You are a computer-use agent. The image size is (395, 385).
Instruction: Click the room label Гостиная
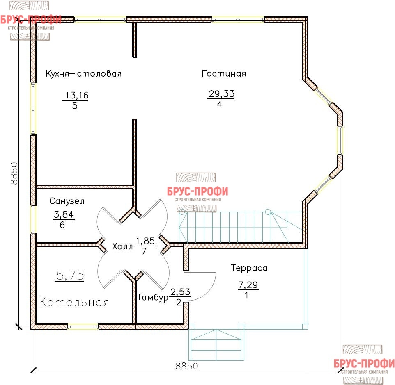tap(224, 73)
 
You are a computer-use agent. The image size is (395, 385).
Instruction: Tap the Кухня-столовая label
tap(83, 74)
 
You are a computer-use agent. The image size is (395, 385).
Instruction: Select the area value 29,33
tap(221, 94)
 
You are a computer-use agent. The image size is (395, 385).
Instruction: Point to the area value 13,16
tap(77, 95)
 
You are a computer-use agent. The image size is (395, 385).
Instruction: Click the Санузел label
tap(67, 201)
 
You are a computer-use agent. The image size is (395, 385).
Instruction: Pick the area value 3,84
tap(64, 214)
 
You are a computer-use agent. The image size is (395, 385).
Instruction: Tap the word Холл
tap(122, 246)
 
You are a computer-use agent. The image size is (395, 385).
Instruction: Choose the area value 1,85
tap(145, 241)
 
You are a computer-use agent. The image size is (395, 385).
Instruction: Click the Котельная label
tap(74, 302)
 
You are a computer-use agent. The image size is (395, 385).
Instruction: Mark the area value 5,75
tap(70, 275)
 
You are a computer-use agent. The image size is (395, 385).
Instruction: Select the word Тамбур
tap(153, 297)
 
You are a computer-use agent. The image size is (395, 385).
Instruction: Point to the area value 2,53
tap(180, 292)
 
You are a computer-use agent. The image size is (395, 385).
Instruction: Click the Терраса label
tap(249, 268)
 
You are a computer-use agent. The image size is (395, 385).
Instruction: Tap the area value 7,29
tap(248, 285)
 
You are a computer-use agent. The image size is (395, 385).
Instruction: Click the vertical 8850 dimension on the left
tap(14, 173)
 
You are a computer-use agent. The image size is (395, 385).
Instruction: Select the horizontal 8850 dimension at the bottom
tap(187, 366)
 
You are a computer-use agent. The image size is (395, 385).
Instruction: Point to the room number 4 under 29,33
tap(219, 104)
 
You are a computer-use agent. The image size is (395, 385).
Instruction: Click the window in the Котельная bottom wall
tap(83, 327)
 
